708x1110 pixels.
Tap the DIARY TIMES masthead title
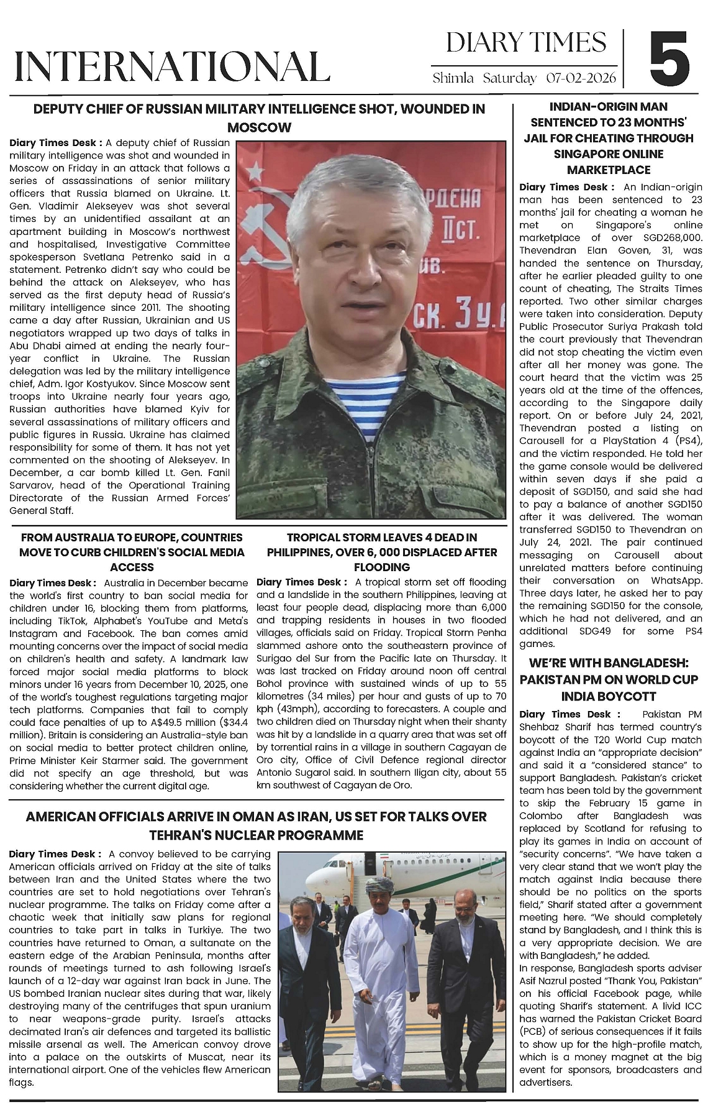tap(525, 42)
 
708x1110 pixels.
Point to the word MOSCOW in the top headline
tap(259, 127)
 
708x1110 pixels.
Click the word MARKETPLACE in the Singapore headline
tap(608, 170)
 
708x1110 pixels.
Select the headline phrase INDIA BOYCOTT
tap(608, 696)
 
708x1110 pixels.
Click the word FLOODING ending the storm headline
tap(382, 567)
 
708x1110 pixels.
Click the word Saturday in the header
tap(509, 78)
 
